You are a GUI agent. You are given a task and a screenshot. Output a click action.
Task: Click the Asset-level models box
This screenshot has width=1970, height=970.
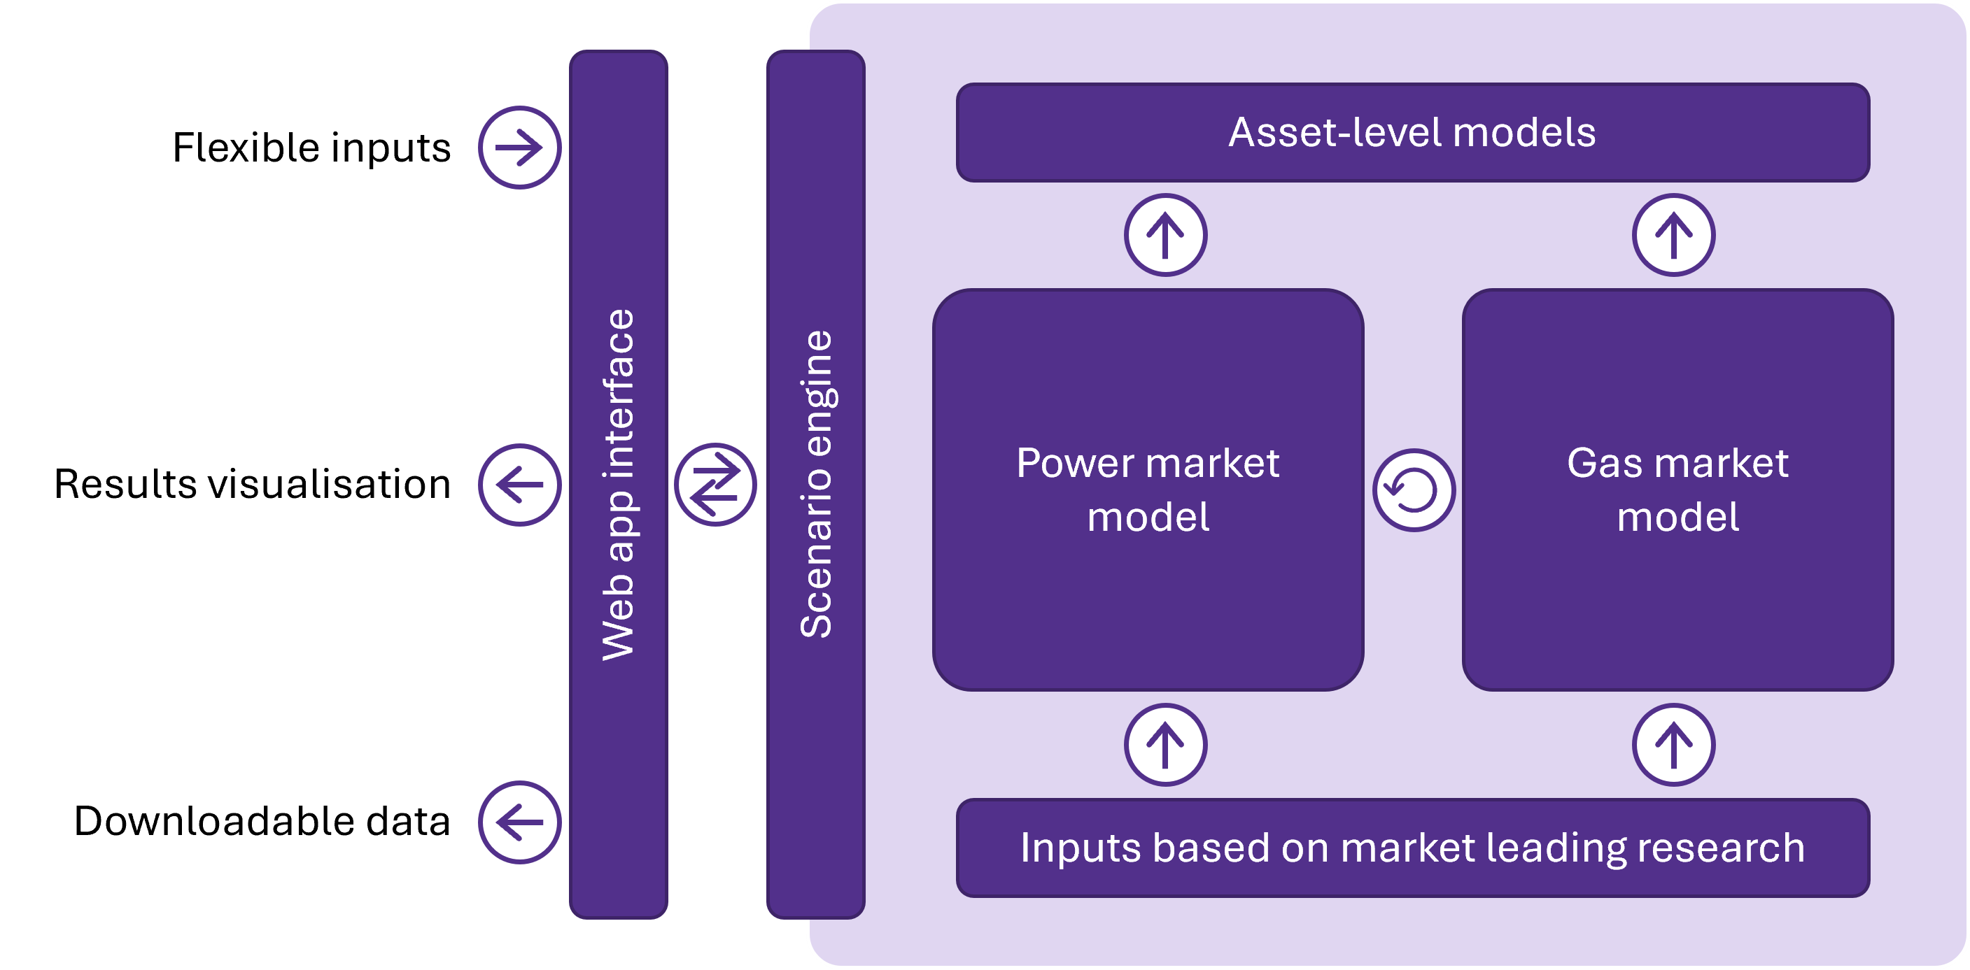click(1412, 133)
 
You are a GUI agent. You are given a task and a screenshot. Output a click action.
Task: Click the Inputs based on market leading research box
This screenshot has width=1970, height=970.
click(1412, 848)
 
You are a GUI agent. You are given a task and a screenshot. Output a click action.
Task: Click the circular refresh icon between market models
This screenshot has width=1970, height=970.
click(1413, 490)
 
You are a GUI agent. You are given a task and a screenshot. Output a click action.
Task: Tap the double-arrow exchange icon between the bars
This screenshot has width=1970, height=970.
click(715, 485)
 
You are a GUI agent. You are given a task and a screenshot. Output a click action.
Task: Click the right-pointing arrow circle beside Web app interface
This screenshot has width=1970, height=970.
click(519, 147)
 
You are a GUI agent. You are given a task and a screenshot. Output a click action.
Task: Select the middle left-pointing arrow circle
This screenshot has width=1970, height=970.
click(519, 485)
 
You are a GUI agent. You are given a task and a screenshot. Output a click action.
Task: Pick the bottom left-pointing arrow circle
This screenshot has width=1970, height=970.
click(519, 822)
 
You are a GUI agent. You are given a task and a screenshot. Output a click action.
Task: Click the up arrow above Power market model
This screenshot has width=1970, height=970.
click(1165, 235)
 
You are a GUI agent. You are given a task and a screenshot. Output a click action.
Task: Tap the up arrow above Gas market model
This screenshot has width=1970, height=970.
click(1673, 235)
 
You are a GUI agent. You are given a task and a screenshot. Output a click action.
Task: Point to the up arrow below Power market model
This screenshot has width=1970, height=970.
click(1165, 745)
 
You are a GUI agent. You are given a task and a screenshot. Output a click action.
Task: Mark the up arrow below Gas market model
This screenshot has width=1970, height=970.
click(1673, 745)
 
